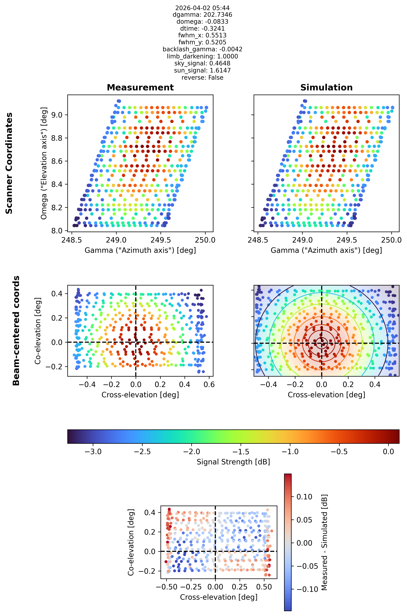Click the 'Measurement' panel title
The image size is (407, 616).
140,87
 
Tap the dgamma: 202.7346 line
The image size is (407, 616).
202,15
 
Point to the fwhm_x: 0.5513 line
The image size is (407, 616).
202,35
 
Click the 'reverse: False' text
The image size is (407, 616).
202,78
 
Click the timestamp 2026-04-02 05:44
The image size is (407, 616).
202,8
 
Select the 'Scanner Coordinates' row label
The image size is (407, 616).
9,163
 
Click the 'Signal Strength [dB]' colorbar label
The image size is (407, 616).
233,462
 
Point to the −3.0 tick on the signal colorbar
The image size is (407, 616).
93,452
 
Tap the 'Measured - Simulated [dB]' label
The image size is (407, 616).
324,542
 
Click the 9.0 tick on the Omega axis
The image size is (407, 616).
57,115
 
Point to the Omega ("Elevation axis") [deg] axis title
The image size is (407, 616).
44,163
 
